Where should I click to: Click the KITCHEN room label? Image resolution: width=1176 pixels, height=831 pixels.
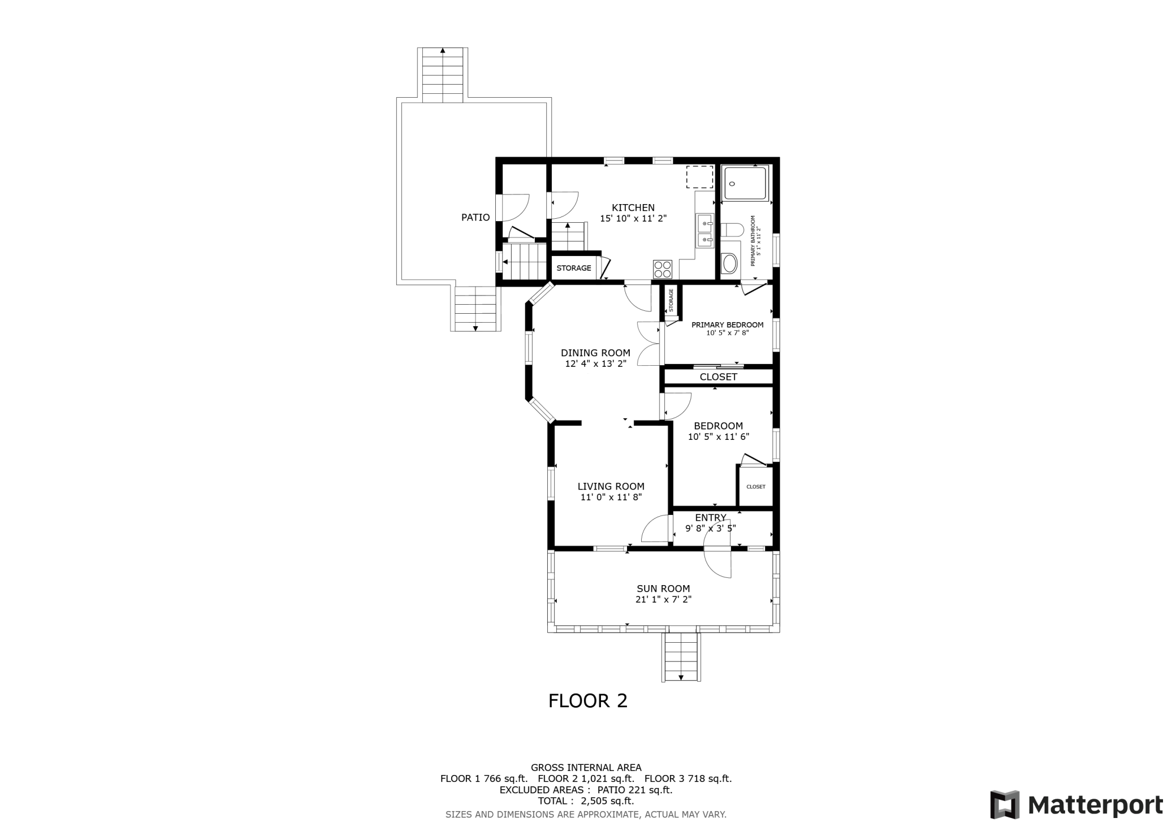tap(633, 207)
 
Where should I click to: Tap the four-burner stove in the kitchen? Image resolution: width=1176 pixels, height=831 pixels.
tap(663, 269)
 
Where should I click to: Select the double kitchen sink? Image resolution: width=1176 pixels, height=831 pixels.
tap(704, 231)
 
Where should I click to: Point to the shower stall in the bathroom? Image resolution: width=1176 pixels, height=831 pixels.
tap(746, 183)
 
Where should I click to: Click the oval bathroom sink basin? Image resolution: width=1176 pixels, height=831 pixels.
tap(729, 264)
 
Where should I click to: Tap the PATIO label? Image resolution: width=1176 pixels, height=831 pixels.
tap(475, 217)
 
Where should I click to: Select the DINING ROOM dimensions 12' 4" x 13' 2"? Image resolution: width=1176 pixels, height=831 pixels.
tap(596, 364)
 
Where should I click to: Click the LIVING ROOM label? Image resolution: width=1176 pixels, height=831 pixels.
tap(611, 486)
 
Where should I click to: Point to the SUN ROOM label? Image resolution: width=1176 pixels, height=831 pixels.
tap(663, 588)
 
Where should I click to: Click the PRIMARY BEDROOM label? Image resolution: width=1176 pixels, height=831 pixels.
tap(728, 325)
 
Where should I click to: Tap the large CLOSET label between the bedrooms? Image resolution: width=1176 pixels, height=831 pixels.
tap(719, 377)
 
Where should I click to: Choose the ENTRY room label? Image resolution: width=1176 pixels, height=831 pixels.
tap(711, 518)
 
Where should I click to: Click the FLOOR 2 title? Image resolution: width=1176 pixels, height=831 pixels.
tap(588, 701)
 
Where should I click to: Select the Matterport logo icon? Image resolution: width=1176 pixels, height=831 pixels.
tap(1005, 804)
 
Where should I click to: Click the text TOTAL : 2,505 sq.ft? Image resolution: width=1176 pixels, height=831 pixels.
tap(586, 801)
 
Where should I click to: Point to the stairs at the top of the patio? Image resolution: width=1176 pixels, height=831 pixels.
tap(443, 75)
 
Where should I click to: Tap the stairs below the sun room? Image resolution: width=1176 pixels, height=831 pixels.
tap(681, 657)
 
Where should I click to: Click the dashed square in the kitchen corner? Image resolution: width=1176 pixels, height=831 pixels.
tap(700, 177)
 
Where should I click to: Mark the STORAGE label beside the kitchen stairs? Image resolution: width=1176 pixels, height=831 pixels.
tap(574, 268)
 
